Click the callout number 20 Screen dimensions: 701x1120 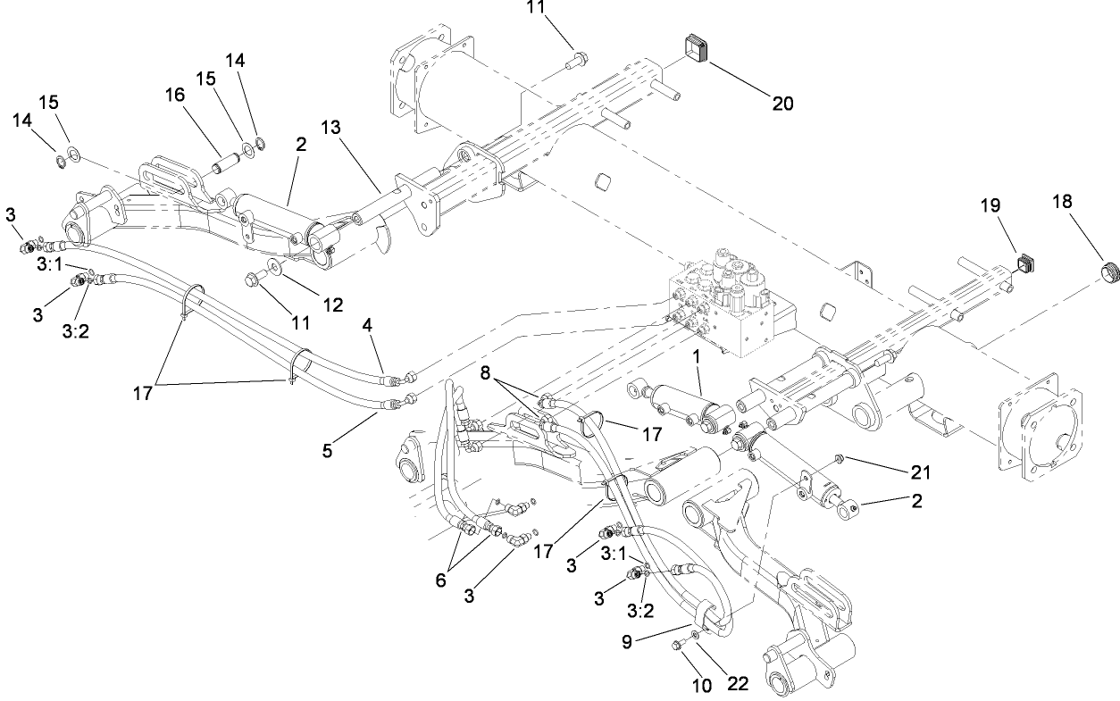tap(781, 104)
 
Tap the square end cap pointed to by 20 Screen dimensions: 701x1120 tap(698, 49)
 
